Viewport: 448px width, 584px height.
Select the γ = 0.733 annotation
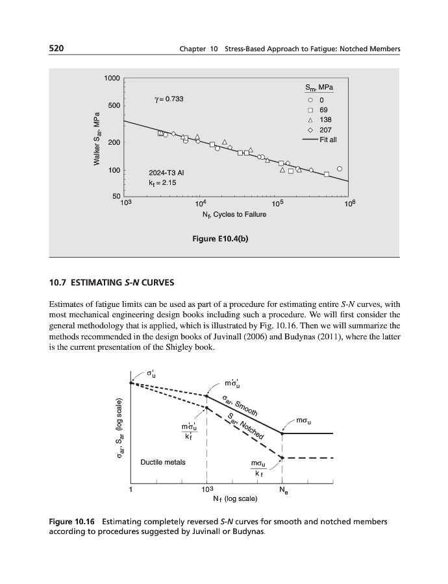pyautogui.click(x=169, y=99)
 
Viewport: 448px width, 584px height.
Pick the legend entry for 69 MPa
pyautogui.click(x=319, y=110)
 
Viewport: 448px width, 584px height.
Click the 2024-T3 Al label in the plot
pyautogui.click(x=167, y=173)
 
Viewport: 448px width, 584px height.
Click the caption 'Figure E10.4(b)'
pyautogui.click(x=221, y=238)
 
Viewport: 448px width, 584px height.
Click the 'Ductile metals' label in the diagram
pyautogui.click(x=163, y=463)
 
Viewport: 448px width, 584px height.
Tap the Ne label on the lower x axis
pyautogui.click(x=283, y=491)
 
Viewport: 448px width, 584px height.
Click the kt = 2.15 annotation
pyautogui.click(x=163, y=183)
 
